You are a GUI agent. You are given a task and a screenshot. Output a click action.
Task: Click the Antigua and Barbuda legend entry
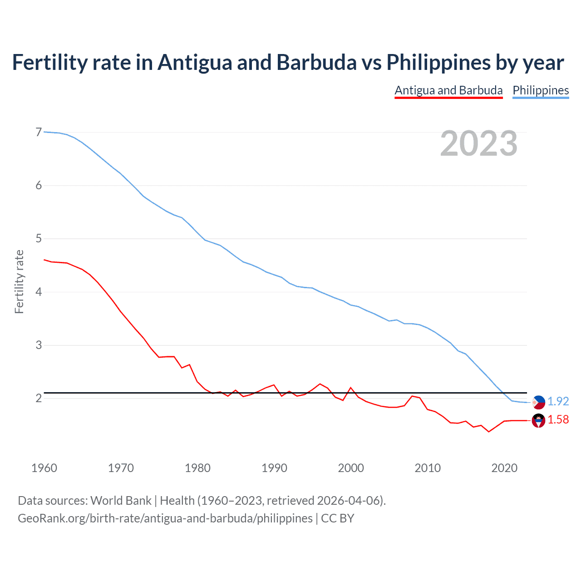coord(448,90)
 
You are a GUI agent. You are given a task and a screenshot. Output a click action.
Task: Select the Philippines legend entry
coord(541,90)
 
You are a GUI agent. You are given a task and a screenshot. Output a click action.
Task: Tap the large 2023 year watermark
coord(478,143)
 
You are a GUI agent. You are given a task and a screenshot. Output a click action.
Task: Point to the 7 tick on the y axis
coord(39,132)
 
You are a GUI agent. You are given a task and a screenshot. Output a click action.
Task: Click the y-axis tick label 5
coord(39,238)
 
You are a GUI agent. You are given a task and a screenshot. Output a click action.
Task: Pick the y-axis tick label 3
coord(39,345)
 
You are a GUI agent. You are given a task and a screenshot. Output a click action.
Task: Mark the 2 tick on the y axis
coord(39,398)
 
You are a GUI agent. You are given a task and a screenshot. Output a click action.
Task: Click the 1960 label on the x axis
coord(44,468)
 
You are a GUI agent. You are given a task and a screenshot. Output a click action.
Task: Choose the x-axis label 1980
coord(197,468)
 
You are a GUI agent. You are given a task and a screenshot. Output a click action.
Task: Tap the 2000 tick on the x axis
coord(351,468)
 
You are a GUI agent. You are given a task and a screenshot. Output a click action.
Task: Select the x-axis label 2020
coord(504,468)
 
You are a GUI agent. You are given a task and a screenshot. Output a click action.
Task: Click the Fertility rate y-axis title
coord(19,281)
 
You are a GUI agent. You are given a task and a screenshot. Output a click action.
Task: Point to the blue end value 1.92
coord(558,401)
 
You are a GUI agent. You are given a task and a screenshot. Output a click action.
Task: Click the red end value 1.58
coord(558,420)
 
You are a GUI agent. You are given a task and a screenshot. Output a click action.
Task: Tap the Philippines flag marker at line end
coord(538,402)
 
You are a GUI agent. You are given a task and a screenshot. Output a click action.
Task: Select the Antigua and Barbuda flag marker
coord(538,421)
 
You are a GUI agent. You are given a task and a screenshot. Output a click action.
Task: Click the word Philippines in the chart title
coord(438,62)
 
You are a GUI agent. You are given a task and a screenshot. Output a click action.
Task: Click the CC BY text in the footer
coord(337,518)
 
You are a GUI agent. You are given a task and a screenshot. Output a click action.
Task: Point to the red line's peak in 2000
coord(350,388)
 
